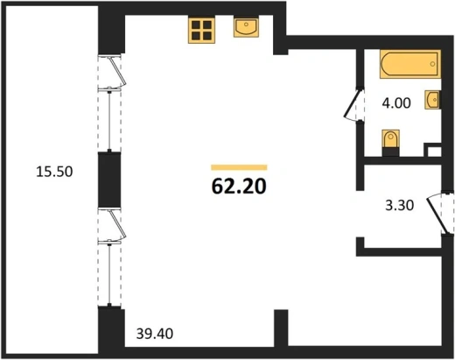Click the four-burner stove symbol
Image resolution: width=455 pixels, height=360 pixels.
tap(201, 31)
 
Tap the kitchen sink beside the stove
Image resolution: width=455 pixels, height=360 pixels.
tap(246, 28)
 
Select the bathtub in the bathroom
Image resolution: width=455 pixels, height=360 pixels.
tap(410, 64)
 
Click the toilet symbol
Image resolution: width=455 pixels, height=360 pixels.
tap(390, 139)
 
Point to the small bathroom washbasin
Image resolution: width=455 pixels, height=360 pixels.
tap(432, 100)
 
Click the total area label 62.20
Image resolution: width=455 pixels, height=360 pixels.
tap(239, 187)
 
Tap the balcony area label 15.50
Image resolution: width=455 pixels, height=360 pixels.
tap(54, 172)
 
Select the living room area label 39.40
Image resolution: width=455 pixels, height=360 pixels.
tap(155, 334)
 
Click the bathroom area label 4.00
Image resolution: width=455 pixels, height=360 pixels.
tap(396, 102)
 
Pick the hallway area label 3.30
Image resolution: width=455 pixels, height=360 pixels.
tap(399, 205)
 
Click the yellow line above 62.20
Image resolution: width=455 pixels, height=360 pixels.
tap(239, 167)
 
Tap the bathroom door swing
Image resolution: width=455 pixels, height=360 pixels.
tap(352, 104)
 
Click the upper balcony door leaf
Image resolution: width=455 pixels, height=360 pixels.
tap(117, 71)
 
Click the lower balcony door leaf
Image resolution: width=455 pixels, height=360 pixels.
tap(117, 224)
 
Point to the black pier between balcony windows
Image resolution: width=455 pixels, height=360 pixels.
tap(109, 180)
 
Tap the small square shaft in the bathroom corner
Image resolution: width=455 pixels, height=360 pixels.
tap(433, 150)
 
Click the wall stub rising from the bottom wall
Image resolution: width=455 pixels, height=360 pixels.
tap(281, 328)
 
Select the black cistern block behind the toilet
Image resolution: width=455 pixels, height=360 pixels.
tap(390, 152)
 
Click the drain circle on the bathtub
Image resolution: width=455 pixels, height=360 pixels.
tap(432, 64)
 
